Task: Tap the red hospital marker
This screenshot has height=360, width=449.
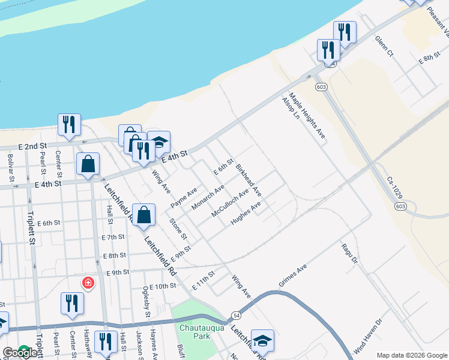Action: [88, 283]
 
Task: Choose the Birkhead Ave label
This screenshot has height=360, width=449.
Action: [249, 179]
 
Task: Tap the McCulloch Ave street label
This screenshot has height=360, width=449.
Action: [230, 205]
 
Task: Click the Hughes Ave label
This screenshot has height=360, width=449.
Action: [246, 214]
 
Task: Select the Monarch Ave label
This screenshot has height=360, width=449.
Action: [208, 197]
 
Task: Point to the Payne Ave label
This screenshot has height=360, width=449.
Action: [184, 198]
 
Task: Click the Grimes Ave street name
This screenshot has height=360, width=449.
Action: [293, 275]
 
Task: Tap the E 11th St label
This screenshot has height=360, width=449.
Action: [203, 281]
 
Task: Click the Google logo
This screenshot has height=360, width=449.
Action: [19, 353]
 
